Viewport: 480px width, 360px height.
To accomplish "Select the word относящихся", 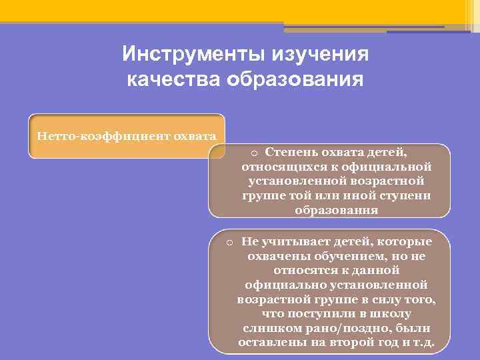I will [x=281, y=166].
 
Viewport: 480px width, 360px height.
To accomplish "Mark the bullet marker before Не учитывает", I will [x=228, y=242].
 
